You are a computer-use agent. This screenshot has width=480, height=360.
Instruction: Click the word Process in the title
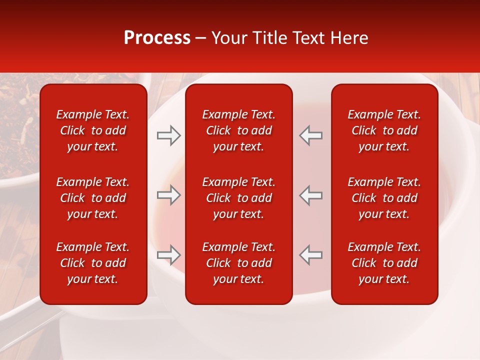click(x=157, y=38)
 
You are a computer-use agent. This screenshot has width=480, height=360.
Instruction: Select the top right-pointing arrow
click(x=169, y=135)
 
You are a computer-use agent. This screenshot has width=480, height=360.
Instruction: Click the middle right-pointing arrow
click(x=169, y=195)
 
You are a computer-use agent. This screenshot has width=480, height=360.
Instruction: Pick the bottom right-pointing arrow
click(x=169, y=255)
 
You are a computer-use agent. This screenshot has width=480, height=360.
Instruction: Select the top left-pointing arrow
click(x=310, y=135)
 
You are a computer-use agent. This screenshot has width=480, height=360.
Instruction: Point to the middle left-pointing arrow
click(x=310, y=195)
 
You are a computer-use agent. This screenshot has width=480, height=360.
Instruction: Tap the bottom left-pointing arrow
click(x=310, y=255)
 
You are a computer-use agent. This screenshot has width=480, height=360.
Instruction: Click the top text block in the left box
click(x=93, y=130)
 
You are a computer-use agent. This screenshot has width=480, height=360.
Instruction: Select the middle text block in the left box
click(x=93, y=198)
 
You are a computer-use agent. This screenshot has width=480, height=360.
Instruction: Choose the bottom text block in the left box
click(x=93, y=263)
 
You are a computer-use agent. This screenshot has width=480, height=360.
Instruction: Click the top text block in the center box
click(x=238, y=130)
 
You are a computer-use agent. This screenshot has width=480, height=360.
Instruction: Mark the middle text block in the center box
click(x=238, y=198)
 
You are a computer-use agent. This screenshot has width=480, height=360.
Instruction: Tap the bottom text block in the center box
click(x=238, y=263)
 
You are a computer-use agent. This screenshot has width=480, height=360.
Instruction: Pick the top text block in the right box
click(x=384, y=130)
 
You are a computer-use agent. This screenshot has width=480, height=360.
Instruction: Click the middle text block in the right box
click(x=384, y=198)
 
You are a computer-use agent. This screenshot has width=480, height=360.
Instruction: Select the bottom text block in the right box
click(x=384, y=263)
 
